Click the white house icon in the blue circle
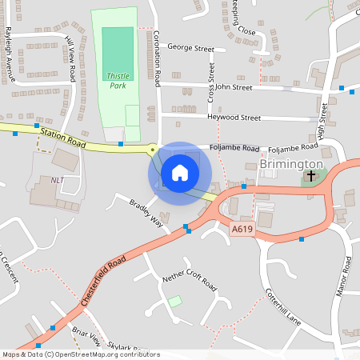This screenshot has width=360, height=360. tap(180, 173)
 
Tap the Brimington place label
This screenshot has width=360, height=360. tap(291, 164)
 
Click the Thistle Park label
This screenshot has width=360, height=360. tap(117, 80)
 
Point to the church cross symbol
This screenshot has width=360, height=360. tap(310, 175)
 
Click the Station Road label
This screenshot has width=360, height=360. tap(63, 140)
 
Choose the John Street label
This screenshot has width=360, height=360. tap(234, 87)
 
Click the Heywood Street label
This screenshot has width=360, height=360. tap(234, 118)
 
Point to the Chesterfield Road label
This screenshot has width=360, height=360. tap(103, 281)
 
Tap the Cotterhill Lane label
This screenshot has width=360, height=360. tap(281, 306)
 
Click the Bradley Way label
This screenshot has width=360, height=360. tap(146, 212)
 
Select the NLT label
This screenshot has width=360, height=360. tap(57, 180)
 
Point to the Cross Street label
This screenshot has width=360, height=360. tap(212, 82)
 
